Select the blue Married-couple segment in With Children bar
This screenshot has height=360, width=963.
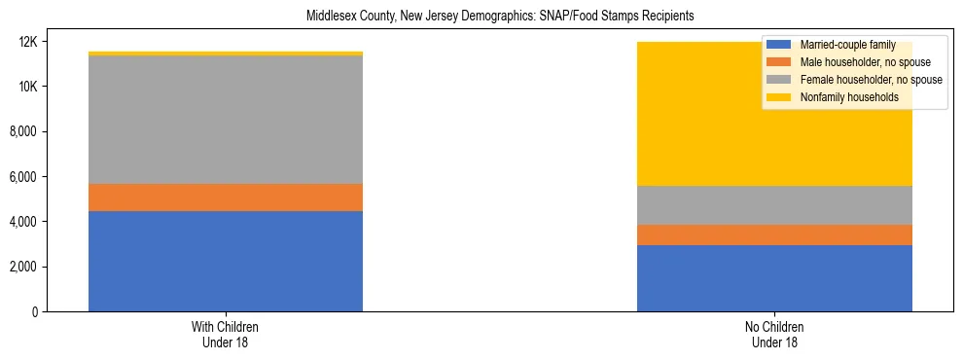coord(226,261)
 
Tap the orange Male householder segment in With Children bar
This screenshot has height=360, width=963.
coord(226,198)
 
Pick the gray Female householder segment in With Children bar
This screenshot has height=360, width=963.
coord(226,120)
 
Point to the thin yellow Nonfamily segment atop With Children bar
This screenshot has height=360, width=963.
coord(226,54)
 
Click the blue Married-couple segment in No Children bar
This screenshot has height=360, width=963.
coord(774,278)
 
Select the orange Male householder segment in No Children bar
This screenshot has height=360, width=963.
coord(774,234)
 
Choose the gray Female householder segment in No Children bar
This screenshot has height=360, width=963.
coord(774,205)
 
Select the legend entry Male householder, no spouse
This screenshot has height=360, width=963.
coord(856,62)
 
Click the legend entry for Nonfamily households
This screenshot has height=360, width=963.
coord(841,97)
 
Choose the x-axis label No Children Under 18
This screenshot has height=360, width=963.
coord(774,335)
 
